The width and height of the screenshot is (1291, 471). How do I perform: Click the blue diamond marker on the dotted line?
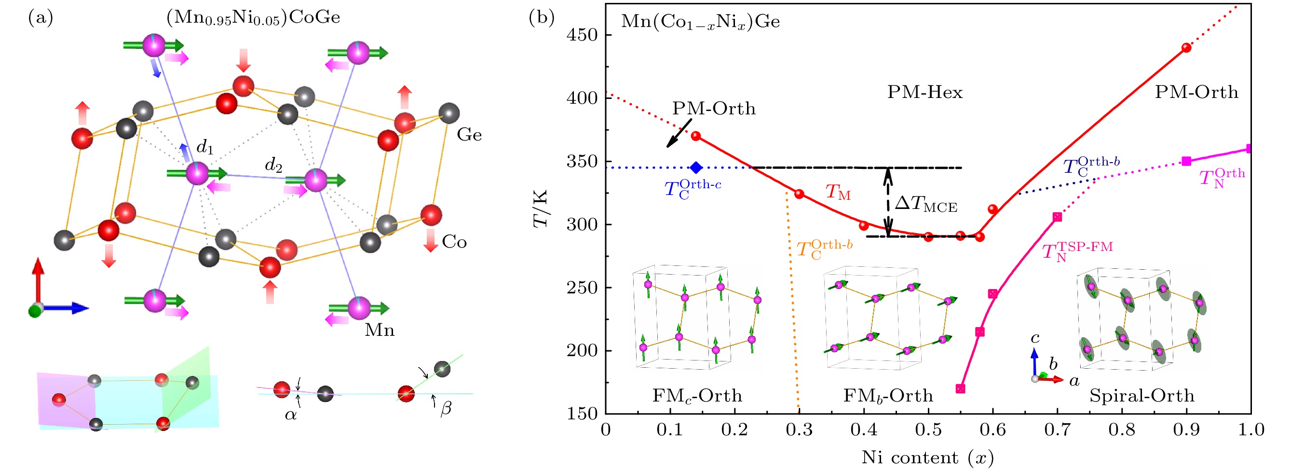(x=695, y=168)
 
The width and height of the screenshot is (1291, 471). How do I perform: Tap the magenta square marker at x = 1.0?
(x=1249, y=149)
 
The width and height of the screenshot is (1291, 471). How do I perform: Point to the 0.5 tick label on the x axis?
(x=928, y=430)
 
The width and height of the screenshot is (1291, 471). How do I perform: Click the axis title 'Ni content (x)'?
(x=928, y=457)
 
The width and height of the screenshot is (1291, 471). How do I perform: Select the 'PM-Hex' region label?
(x=925, y=92)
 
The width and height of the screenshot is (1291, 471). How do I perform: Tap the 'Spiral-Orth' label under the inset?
(x=1142, y=396)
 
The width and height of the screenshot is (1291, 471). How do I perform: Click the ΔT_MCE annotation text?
(x=925, y=204)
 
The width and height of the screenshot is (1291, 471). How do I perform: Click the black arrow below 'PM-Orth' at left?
(x=679, y=133)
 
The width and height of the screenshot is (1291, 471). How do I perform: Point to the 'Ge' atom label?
(x=469, y=135)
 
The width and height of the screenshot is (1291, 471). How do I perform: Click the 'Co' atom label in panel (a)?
(x=454, y=242)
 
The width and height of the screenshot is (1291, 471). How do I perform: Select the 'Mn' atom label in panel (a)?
(x=380, y=330)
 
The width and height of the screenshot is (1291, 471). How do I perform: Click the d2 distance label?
(x=273, y=165)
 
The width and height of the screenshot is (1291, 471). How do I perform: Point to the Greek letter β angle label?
(x=446, y=408)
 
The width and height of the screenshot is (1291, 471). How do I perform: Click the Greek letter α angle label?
(x=291, y=415)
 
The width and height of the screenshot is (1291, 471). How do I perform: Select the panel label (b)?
(x=542, y=17)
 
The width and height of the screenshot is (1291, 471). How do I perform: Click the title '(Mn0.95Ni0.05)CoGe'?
(x=253, y=17)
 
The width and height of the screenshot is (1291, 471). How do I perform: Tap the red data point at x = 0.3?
(x=800, y=194)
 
